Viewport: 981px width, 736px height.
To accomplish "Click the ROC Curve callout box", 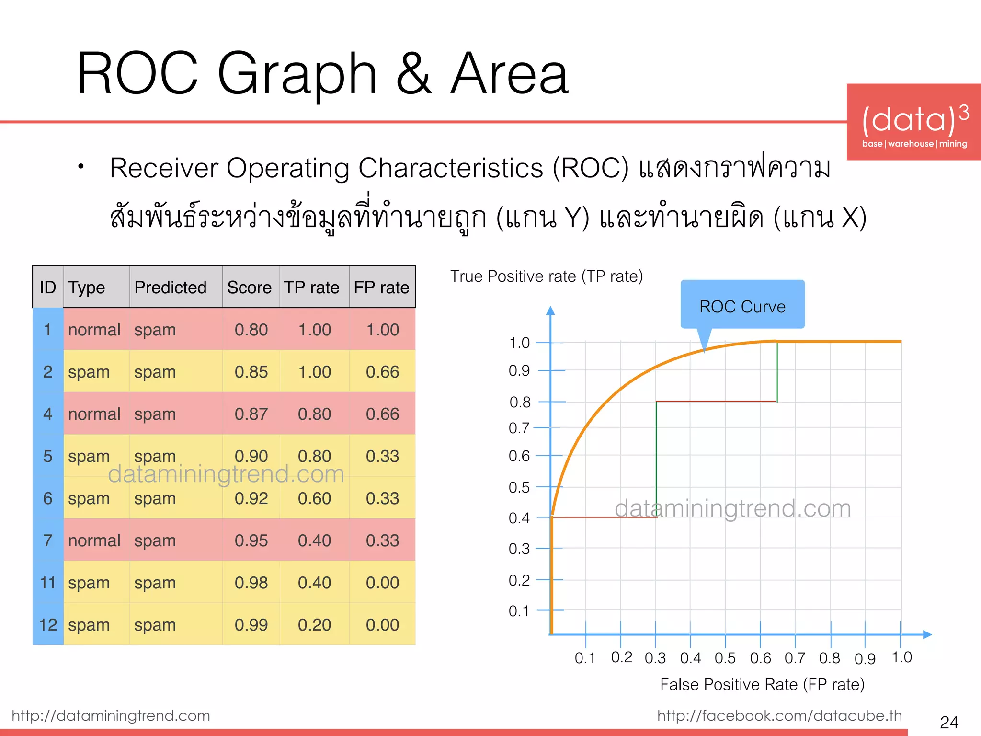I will [x=742, y=305].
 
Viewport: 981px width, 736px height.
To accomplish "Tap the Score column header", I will [x=249, y=287].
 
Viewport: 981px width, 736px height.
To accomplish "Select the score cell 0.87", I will [x=251, y=414].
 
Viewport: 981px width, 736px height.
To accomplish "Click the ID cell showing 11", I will [x=48, y=583].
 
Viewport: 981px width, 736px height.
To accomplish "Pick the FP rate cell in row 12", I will [x=382, y=625].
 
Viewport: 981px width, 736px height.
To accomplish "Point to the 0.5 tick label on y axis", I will [x=519, y=487].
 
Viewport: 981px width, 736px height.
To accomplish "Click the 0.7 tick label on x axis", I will [x=795, y=658].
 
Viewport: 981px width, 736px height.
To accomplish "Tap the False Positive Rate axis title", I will [x=762, y=684].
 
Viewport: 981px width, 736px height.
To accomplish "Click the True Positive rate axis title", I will [x=546, y=276].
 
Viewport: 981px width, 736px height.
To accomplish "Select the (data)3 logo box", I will [x=913, y=122].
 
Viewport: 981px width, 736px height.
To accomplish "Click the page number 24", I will [x=949, y=722].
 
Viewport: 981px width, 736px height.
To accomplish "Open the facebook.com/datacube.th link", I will [x=779, y=715].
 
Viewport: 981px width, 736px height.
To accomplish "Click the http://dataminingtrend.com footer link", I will [x=111, y=715].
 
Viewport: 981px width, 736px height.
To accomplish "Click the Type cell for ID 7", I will [x=94, y=540].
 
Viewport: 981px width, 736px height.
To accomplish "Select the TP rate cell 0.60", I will [x=314, y=498].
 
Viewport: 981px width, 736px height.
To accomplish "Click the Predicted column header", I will [x=170, y=287].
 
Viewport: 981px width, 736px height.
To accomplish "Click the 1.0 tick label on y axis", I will [x=519, y=343].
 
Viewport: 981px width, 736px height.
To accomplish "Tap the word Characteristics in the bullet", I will [x=450, y=168].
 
